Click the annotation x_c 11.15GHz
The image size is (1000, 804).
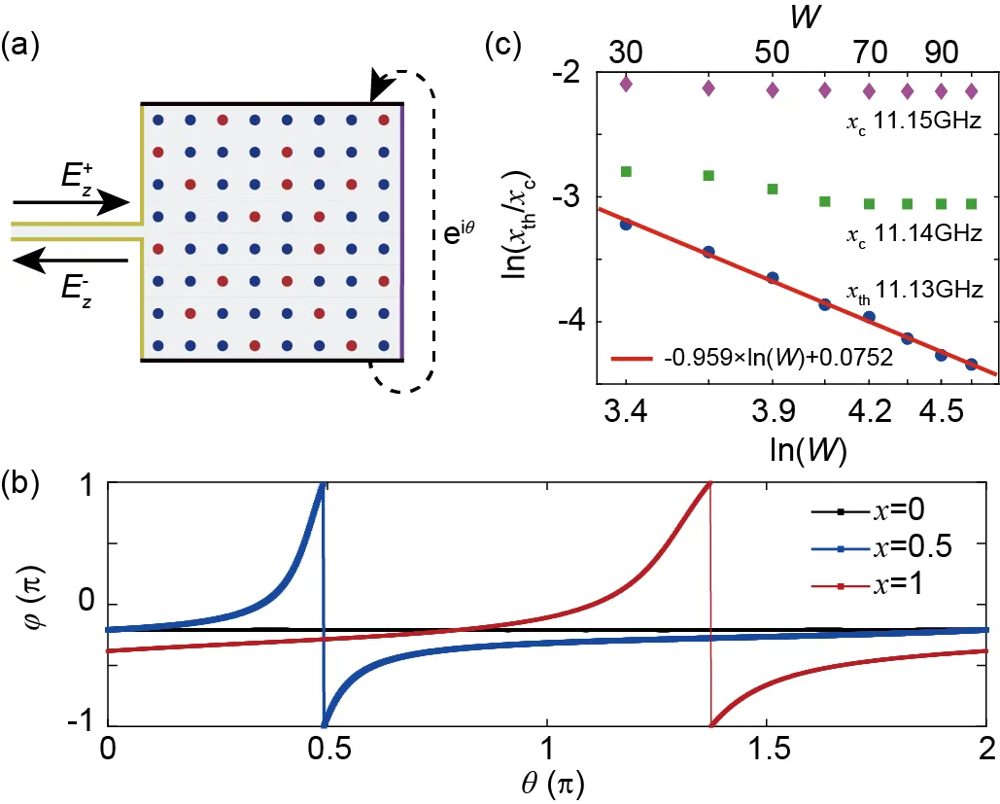tap(912, 122)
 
